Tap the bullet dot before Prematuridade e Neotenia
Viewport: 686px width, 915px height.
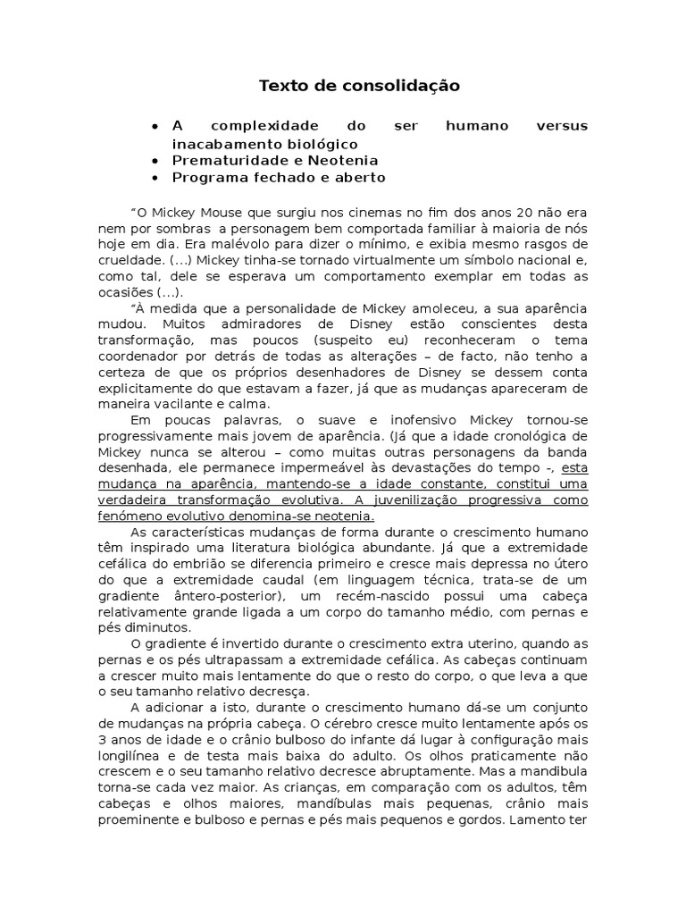pos(156,161)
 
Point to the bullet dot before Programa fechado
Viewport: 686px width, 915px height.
pos(156,178)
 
